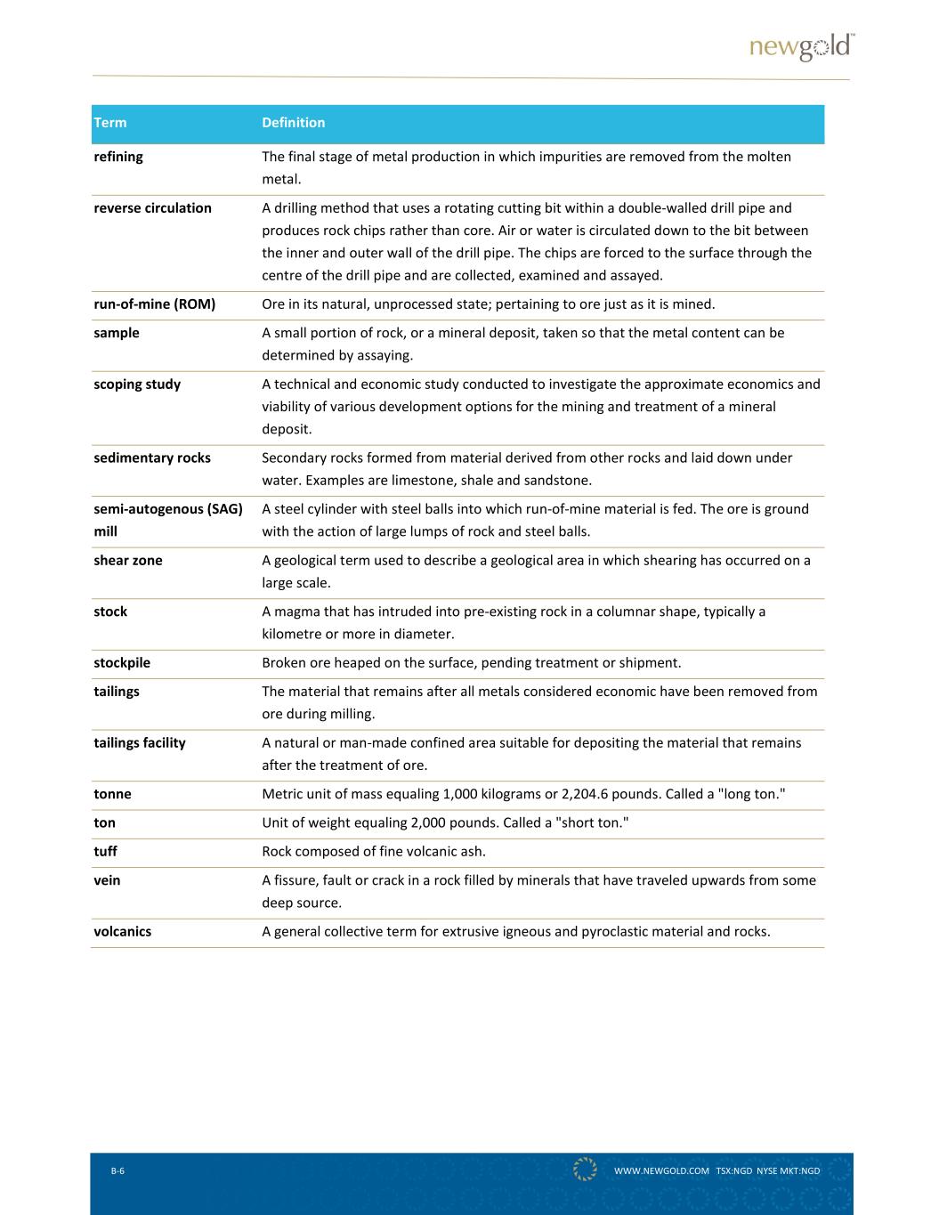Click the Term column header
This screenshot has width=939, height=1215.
coord(110,123)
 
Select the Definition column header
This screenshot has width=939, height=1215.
coord(294,123)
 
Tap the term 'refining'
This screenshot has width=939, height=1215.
coord(118,157)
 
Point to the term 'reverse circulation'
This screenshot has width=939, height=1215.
coord(153,208)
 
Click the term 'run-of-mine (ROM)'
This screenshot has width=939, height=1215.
coord(155,304)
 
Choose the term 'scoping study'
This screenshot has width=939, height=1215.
coord(137,385)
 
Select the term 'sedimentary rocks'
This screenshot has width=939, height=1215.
coord(152,458)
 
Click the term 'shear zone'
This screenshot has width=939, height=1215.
coord(128,561)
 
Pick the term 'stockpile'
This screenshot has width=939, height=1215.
coord(122,663)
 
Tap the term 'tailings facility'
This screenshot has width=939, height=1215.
coord(140,743)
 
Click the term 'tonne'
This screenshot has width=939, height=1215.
coord(112,794)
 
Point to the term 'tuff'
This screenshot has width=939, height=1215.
coord(105,852)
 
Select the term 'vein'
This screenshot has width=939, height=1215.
coord(107,880)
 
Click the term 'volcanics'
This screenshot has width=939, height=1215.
coord(123,932)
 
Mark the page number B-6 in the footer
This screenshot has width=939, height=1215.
coord(117,1170)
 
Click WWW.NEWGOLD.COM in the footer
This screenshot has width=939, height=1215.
coord(661,1170)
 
